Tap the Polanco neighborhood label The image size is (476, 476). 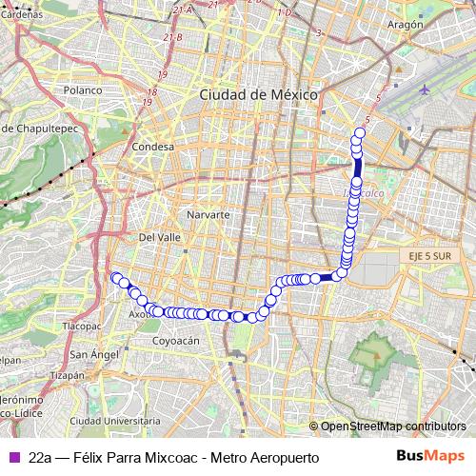[83, 90]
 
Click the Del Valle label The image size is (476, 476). [159, 237]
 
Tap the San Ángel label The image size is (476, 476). [93, 354]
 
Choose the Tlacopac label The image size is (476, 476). [81, 326]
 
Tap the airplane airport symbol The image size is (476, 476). [424, 91]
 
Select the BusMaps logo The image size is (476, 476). [430, 456]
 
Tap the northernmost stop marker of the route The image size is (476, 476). [361, 133]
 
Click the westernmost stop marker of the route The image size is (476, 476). [116, 277]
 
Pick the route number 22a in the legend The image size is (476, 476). [40, 457]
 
